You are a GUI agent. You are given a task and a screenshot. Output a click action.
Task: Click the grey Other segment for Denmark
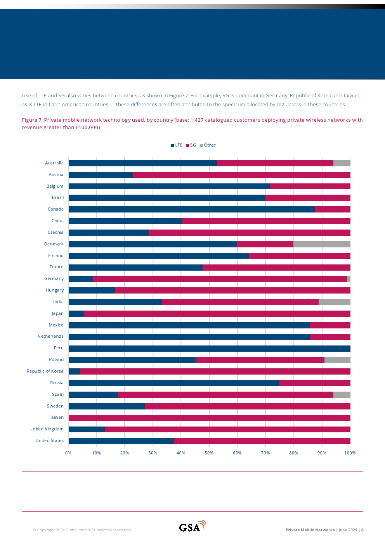(322, 244)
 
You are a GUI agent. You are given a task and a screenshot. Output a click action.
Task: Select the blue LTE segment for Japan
(76, 314)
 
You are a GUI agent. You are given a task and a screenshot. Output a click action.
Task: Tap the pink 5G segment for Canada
(333, 209)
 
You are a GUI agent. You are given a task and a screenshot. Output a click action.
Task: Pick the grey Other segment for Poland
(337, 360)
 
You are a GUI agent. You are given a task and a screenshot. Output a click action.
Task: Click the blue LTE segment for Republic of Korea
(75, 371)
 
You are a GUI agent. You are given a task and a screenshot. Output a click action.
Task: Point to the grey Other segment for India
(334, 302)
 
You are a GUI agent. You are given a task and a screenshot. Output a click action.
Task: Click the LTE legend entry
(177, 145)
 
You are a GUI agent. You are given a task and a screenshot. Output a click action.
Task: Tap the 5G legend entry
(191, 145)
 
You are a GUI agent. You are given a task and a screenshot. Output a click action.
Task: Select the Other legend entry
(208, 145)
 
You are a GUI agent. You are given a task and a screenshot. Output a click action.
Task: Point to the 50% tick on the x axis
(209, 453)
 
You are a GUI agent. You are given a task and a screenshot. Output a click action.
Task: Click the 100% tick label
(350, 453)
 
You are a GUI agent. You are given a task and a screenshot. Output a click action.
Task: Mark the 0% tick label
(68, 453)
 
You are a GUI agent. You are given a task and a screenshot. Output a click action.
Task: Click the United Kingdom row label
(47, 429)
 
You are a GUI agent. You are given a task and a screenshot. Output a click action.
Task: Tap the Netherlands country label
(50, 337)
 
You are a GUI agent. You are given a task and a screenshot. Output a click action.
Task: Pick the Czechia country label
(55, 233)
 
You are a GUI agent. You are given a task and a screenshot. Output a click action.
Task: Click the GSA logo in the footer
(192, 527)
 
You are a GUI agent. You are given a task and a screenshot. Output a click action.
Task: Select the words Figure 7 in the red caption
(32, 120)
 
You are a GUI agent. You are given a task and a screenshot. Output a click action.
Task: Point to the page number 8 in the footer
(362, 530)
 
